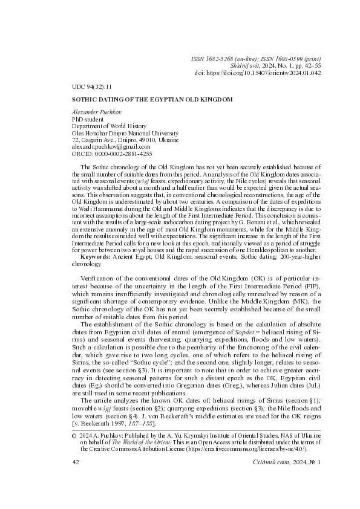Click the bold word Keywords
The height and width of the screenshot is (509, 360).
(x=95, y=258)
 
